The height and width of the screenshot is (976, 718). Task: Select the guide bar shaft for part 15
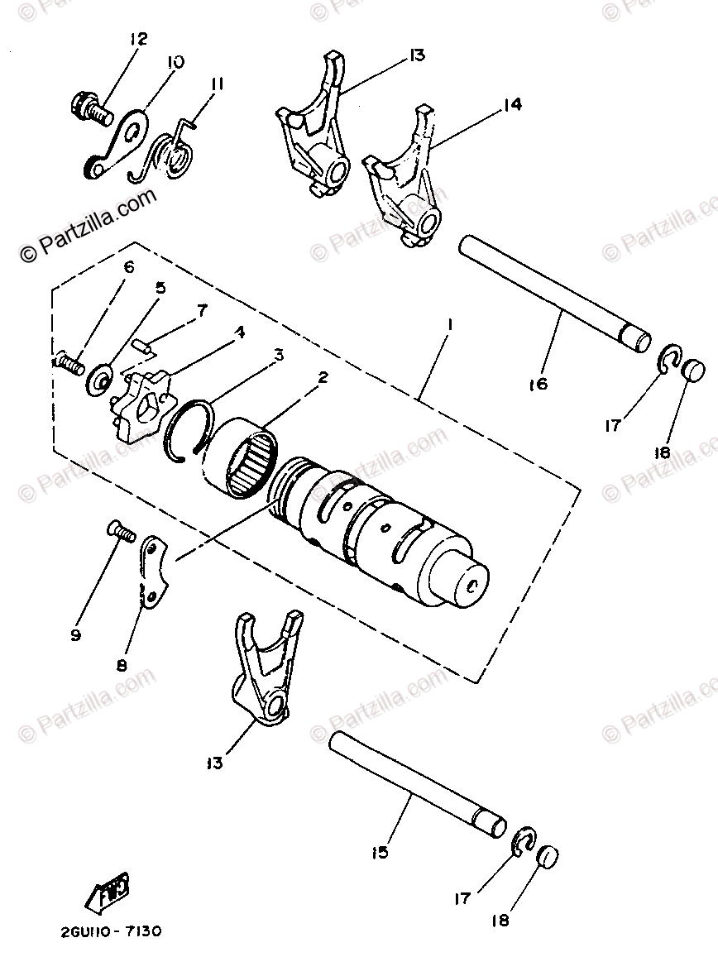(x=418, y=780)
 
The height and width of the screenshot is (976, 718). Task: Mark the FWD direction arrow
(x=108, y=892)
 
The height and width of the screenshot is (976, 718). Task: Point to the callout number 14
(x=511, y=106)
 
